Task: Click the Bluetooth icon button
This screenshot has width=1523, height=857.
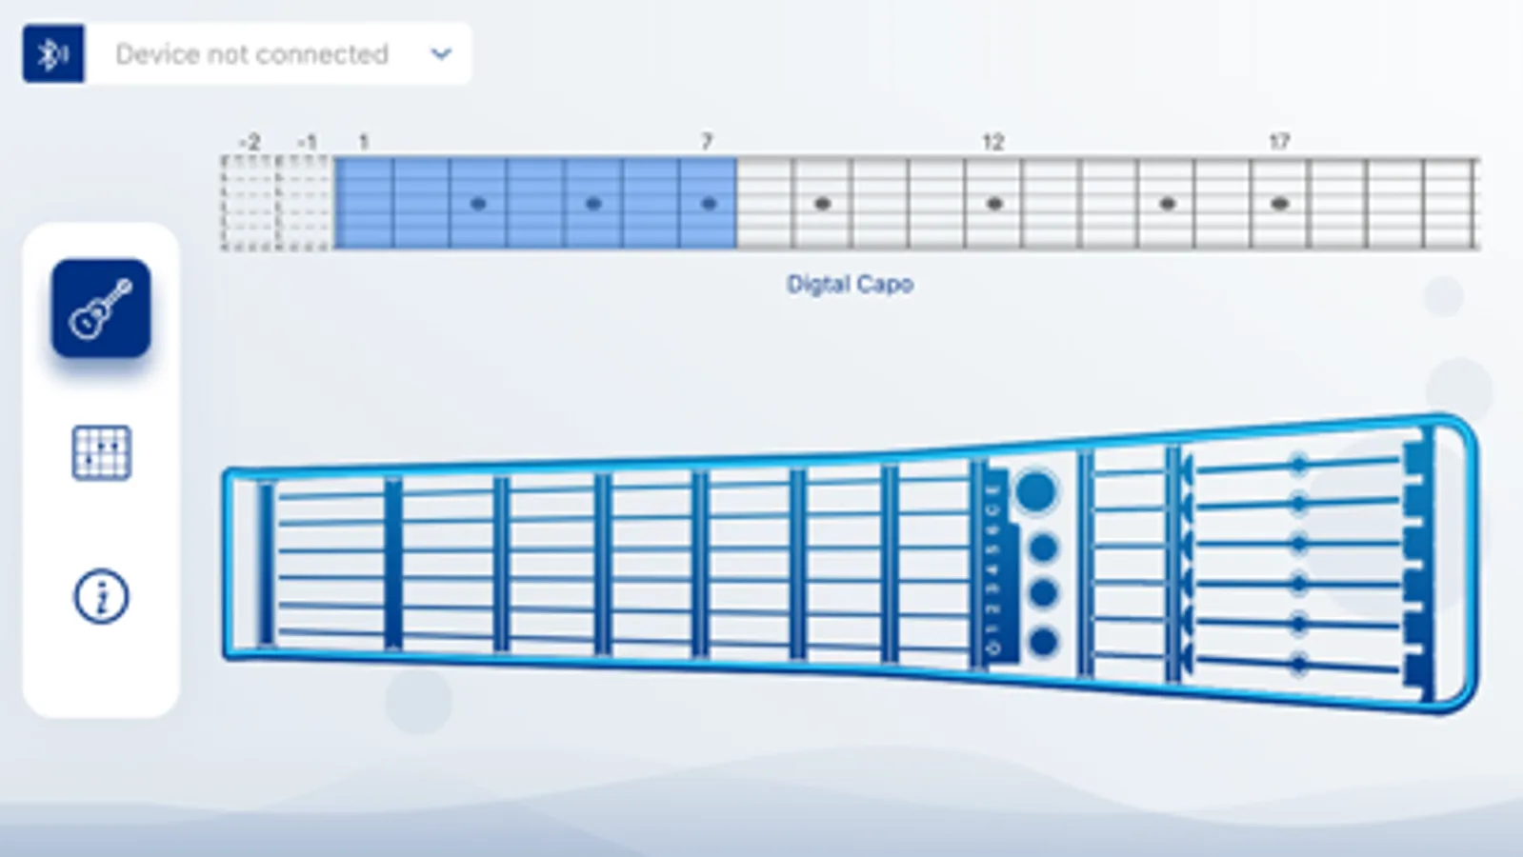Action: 53,54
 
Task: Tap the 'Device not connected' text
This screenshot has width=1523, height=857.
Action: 251,54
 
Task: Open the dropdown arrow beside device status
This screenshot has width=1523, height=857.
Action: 440,54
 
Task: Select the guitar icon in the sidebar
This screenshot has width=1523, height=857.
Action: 101,309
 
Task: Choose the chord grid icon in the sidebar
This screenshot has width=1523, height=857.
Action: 101,452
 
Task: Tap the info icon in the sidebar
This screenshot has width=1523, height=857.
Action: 101,597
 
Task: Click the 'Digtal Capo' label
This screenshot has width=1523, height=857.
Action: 850,284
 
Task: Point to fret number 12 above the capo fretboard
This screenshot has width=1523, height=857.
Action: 992,142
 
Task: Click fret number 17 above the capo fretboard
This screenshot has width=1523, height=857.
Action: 1278,142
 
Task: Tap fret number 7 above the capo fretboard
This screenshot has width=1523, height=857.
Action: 707,142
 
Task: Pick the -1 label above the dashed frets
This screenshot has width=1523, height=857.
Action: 306,142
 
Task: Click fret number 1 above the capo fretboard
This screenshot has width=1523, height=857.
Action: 363,142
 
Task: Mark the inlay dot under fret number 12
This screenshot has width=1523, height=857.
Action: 994,204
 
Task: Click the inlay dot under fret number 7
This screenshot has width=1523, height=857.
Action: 708,204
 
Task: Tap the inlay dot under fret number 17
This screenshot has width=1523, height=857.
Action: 1280,204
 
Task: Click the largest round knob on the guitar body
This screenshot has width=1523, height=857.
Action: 1035,491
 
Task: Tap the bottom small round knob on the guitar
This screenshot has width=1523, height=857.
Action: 1043,642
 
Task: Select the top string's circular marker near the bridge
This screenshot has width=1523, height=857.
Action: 1297,465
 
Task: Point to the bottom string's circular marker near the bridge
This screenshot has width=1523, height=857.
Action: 1297,664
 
